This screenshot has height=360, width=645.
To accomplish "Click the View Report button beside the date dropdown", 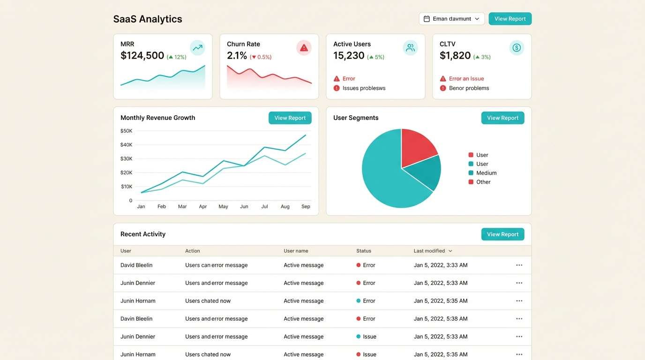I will tap(510, 19).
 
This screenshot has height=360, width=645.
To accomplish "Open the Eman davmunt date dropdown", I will tap(451, 19).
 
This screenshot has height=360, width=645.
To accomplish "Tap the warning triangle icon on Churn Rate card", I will tap(304, 48).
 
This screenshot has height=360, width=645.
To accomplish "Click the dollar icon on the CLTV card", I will tap(517, 48).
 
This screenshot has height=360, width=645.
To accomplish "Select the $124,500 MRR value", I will tap(142, 56).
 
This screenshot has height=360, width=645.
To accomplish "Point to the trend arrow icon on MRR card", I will tap(197, 48).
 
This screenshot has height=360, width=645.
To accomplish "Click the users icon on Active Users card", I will tap(410, 48).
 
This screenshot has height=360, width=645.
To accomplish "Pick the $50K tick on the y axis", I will tap(127, 131).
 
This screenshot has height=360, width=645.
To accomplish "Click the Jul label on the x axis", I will tap(264, 206).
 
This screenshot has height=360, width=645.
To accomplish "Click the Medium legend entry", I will tap(486, 173).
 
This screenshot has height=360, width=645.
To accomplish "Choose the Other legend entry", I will tap(483, 182).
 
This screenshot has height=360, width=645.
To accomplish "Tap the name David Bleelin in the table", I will tap(136, 265).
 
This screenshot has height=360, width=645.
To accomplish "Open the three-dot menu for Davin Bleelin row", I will tap(519, 319).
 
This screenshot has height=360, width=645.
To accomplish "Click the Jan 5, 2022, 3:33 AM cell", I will tap(440, 265).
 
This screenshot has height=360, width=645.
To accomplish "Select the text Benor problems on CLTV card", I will tap(469, 88).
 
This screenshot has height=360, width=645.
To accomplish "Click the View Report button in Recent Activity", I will tap(502, 234).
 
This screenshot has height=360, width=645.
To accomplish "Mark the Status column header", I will tap(364, 251).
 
